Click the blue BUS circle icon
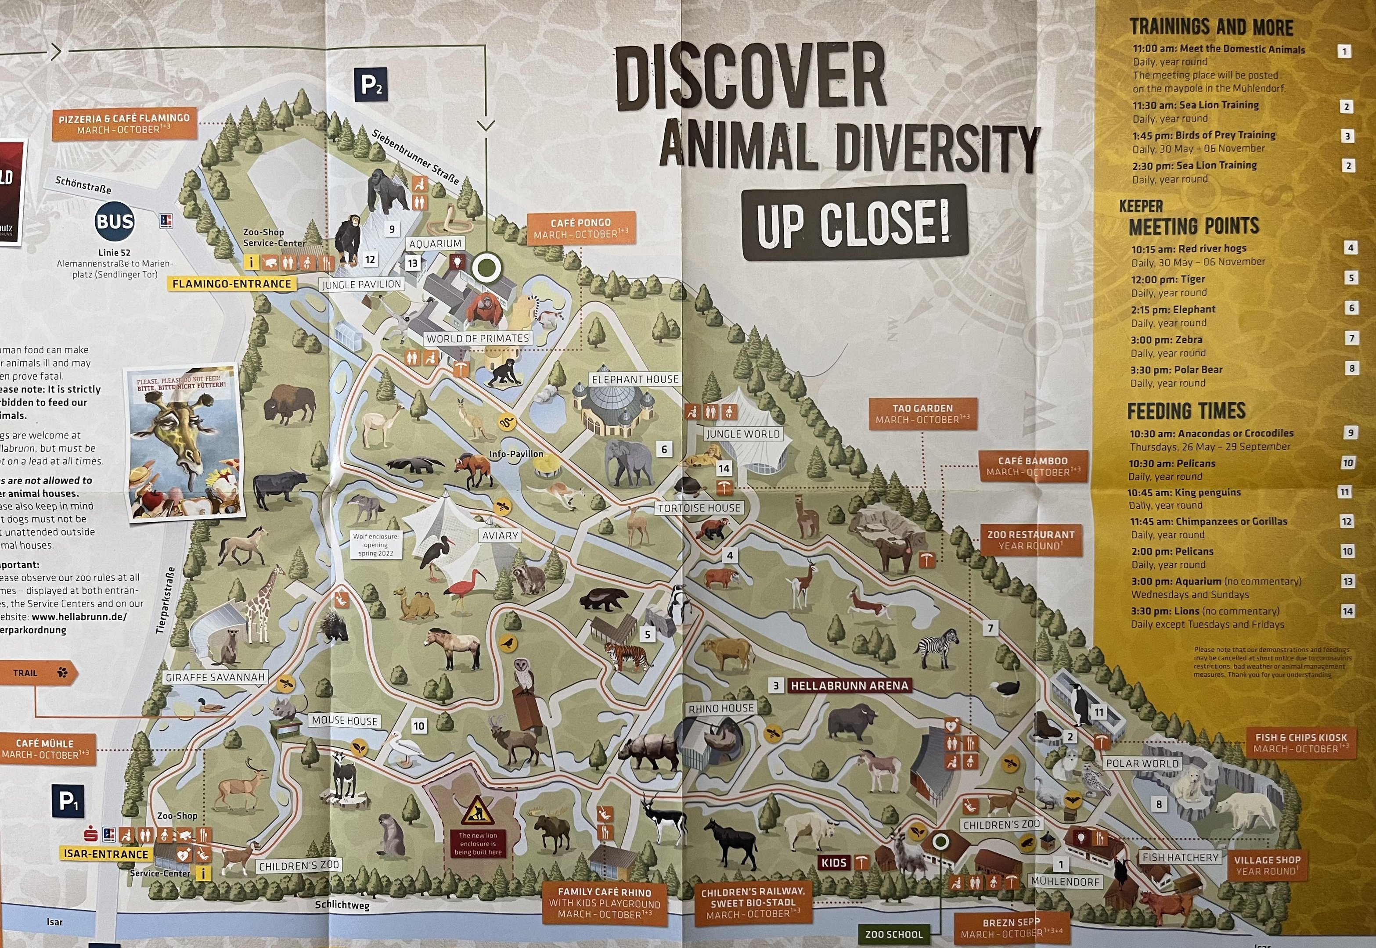click(x=115, y=222)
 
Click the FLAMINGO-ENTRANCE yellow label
click(x=232, y=284)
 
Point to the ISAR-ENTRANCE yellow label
click(x=105, y=854)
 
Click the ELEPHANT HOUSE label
click(x=634, y=379)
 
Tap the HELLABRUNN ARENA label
click(x=849, y=686)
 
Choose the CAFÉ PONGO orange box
click(x=580, y=229)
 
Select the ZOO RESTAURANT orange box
click(x=1030, y=540)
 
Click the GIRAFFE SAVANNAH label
click(x=215, y=677)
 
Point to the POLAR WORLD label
click(x=1141, y=763)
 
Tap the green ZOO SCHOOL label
click(x=893, y=934)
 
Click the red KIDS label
click(x=834, y=862)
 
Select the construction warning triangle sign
click(x=477, y=810)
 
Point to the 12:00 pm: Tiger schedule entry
click(x=1167, y=279)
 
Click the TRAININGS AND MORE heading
click(x=1211, y=27)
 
